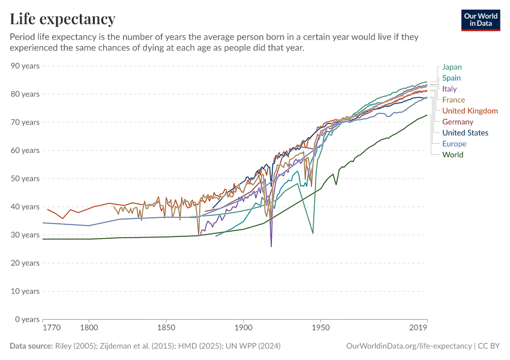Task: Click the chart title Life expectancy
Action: pos(63,19)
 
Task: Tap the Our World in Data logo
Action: pos(480,20)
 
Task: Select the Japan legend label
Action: pos(452,67)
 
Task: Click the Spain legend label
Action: pos(451,78)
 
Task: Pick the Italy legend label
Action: pos(449,89)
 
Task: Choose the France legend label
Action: pos(453,100)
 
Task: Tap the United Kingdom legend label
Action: pos(470,111)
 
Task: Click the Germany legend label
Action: pos(458,122)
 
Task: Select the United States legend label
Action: pos(465,133)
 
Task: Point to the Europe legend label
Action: pos(454,144)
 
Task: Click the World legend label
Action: pos(452,155)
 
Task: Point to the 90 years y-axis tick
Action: pos(25,66)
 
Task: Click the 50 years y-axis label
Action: pos(25,179)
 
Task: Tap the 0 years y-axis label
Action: pos(27,319)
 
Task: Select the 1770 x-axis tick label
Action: pos(52,329)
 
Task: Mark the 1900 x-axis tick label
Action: pos(244,329)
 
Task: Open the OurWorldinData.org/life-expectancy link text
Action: pos(409,346)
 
